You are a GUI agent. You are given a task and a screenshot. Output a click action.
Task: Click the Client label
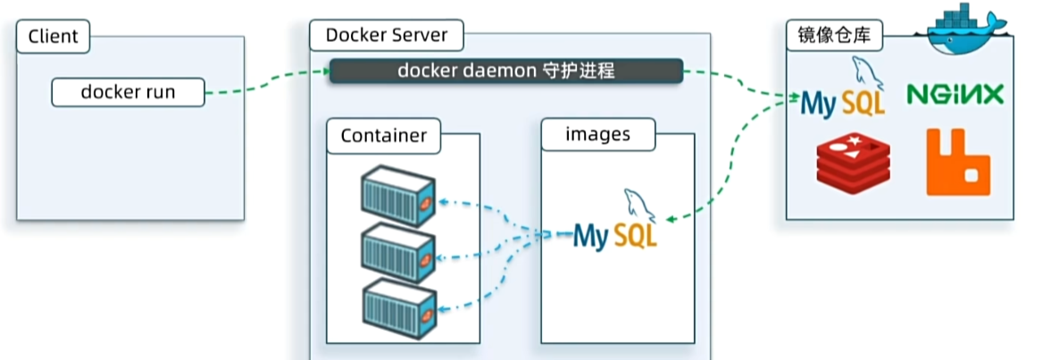click(54, 37)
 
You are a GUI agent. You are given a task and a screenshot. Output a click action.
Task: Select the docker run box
click(128, 91)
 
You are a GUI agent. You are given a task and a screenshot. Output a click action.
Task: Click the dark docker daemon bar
click(505, 71)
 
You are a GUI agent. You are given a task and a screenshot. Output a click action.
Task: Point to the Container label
click(383, 136)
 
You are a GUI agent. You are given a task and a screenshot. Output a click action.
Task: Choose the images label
click(597, 135)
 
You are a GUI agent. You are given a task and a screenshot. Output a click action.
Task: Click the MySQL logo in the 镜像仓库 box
click(843, 95)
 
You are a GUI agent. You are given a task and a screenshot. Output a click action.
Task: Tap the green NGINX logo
click(954, 94)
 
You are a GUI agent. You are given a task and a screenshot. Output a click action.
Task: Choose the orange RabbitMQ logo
click(957, 162)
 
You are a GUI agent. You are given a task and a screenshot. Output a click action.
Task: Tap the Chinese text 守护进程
click(580, 71)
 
